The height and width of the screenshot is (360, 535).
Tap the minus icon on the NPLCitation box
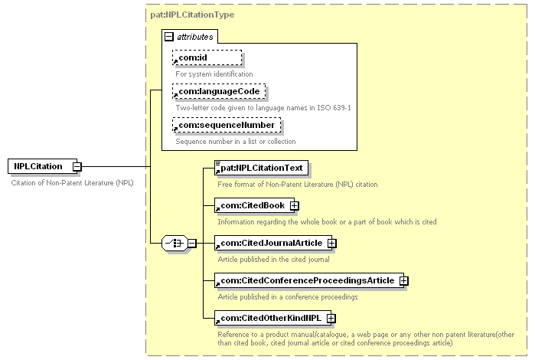pyautogui.click(x=77, y=166)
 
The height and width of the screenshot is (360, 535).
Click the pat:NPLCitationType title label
pyautogui.click(x=191, y=15)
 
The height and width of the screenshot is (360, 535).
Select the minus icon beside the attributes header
pyautogui.click(x=169, y=36)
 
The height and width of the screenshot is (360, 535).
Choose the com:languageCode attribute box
pyautogui.click(x=220, y=91)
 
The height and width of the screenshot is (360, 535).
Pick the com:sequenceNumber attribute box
pyautogui.click(x=225, y=125)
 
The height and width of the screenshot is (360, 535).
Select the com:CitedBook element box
pyautogui.click(x=250, y=205)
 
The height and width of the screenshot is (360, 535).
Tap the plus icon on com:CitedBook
pyautogui.click(x=294, y=205)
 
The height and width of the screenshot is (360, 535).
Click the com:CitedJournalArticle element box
pyautogui.click(x=269, y=243)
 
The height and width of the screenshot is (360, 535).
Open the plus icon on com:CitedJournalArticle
pyautogui.click(x=332, y=243)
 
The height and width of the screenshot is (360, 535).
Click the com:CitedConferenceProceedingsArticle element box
pyautogui.click(x=306, y=280)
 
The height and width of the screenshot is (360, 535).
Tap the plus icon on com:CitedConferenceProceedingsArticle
pyautogui.click(x=404, y=280)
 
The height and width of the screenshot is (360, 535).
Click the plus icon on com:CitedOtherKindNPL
pyautogui.click(x=332, y=318)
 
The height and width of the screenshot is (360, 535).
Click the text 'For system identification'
pyautogui.click(x=214, y=74)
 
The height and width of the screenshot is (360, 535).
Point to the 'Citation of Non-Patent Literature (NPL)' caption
pyautogui.click(x=73, y=183)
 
